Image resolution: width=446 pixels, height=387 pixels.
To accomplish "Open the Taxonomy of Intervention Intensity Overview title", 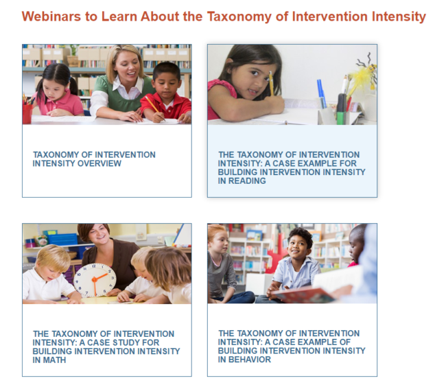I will [x=94, y=159].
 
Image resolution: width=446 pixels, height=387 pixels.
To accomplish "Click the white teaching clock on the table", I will [x=94, y=279].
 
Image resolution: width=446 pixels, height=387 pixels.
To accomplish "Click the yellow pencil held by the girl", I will [x=271, y=82].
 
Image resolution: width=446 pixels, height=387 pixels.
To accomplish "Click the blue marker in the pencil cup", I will [x=320, y=93].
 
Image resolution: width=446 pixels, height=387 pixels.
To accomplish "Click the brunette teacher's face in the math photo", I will [x=93, y=239].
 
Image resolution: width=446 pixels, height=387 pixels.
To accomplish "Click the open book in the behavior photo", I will [x=307, y=295].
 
